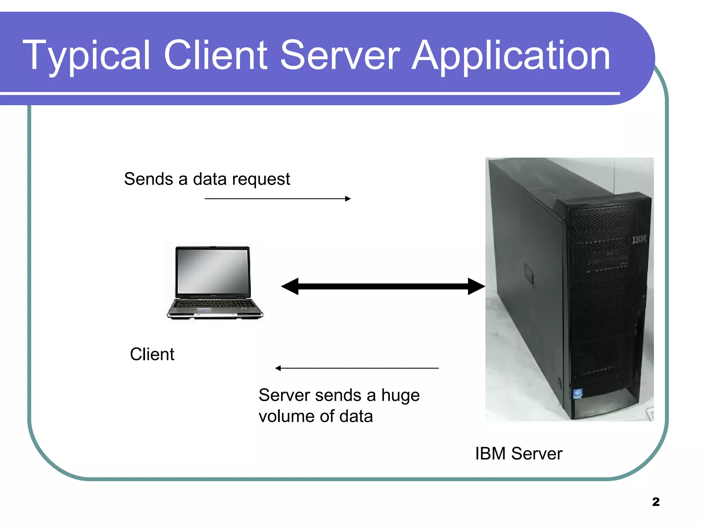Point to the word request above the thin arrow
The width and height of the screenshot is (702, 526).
261,179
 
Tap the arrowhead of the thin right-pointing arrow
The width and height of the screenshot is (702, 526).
348,199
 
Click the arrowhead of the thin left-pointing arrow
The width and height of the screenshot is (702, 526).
278,368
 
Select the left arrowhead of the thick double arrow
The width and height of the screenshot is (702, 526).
290,286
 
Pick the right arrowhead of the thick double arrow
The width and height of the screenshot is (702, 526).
476,286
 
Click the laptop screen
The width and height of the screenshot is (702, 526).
213,270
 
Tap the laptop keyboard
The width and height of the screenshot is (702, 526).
214,304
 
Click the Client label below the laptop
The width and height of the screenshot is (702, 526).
152,354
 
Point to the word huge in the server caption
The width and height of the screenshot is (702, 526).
400,396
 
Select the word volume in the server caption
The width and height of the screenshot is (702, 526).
287,416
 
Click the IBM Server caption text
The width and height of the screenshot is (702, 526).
518,454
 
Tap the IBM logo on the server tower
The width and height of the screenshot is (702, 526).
639,239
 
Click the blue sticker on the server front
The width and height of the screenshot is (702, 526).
578,393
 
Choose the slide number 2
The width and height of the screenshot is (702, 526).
656,502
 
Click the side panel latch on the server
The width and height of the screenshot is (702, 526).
529,274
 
